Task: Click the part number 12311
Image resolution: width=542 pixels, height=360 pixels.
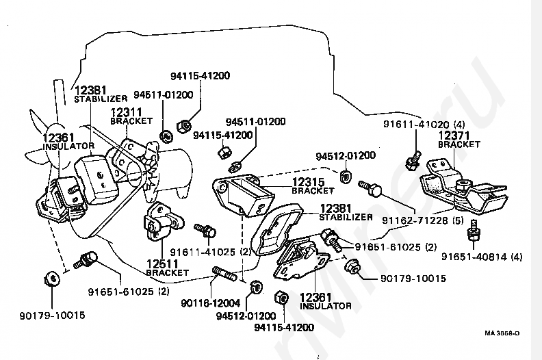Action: (127, 112)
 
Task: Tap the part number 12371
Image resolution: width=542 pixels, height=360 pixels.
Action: (454, 136)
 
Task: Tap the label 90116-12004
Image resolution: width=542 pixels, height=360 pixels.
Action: (208, 303)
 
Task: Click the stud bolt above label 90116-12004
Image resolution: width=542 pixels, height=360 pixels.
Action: (226, 275)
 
